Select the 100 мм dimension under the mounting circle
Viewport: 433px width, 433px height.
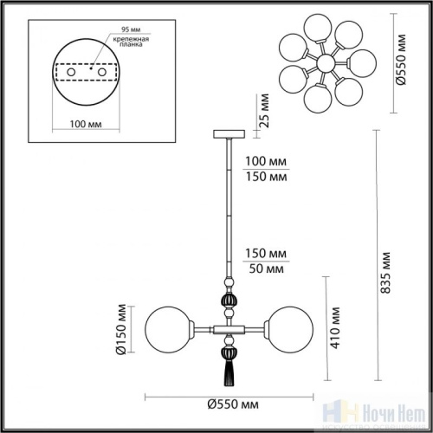(68, 123)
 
